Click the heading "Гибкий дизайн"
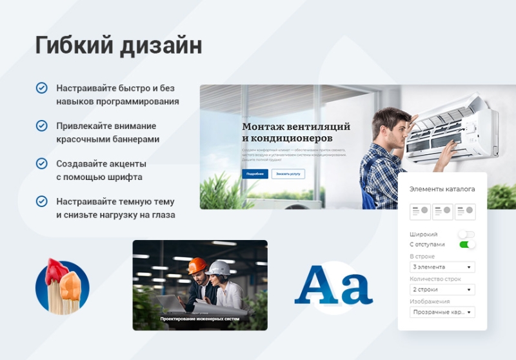click(118, 46)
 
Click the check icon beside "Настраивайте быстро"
click(42, 88)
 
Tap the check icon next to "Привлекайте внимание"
click(42, 126)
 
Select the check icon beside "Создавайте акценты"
click(42, 163)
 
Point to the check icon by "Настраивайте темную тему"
click(42, 201)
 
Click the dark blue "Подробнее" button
click(255, 174)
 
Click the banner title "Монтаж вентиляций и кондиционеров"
click(296, 132)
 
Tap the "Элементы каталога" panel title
click(442, 189)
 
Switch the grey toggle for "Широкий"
click(466, 234)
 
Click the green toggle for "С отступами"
click(467, 245)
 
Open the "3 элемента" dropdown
click(442, 266)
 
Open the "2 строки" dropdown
click(442, 290)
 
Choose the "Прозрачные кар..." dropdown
click(442, 312)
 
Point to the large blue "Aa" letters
click(333, 285)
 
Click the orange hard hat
click(197, 265)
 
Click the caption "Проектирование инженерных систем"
click(200, 319)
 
